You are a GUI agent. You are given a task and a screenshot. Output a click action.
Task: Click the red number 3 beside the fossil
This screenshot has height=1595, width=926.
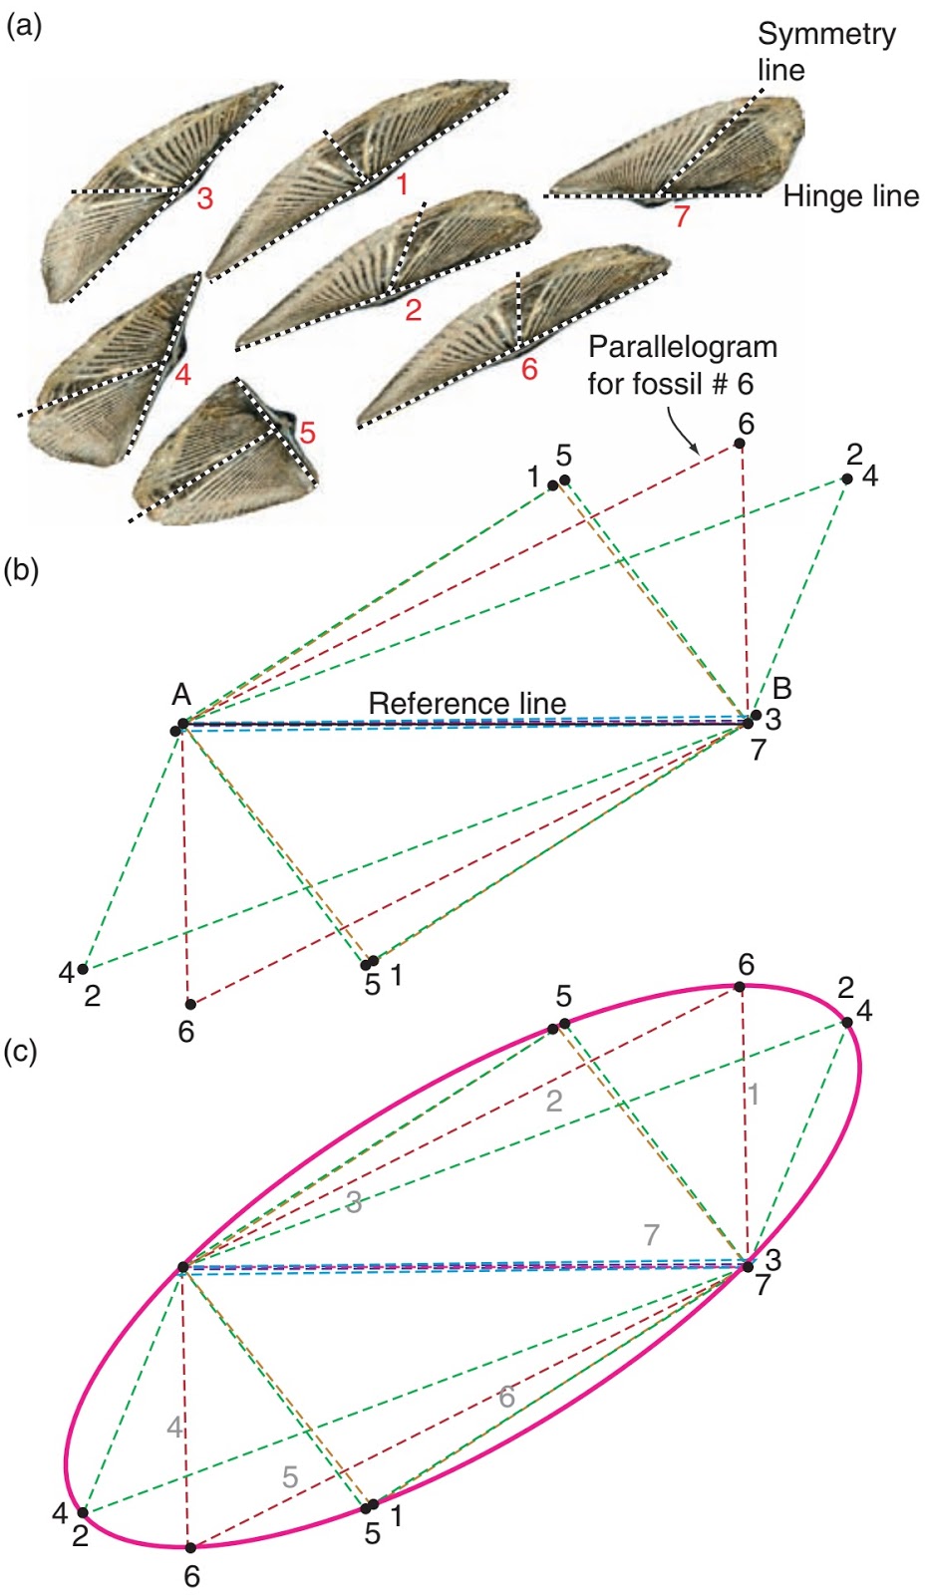tap(204, 198)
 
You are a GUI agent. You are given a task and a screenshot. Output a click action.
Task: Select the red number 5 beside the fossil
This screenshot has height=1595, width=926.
tap(307, 433)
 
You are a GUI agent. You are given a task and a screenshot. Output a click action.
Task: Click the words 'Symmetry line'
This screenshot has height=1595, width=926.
tap(825, 52)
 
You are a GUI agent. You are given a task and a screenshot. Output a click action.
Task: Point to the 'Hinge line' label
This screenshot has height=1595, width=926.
tap(850, 196)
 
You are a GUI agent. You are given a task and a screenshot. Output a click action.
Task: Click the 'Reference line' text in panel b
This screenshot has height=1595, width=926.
tap(466, 703)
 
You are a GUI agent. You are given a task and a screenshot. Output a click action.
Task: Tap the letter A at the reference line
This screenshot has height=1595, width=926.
tap(181, 695)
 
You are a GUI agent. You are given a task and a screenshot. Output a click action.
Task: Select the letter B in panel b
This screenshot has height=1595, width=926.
tap(782, 688)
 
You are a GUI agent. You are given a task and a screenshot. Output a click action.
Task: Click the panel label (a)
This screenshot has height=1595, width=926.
tap(24, 27)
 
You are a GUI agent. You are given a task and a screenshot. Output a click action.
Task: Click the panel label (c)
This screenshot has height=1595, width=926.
tap(22, 1051)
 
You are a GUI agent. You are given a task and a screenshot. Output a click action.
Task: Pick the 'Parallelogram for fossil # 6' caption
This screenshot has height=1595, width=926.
tap(682, 365)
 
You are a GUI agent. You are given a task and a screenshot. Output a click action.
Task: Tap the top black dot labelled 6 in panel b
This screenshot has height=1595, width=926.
tap(741, 445)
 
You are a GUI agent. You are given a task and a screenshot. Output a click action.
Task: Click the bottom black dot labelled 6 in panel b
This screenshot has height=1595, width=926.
tap(190, 1004)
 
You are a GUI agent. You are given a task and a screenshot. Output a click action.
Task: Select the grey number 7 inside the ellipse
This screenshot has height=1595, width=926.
tap(651, 1234)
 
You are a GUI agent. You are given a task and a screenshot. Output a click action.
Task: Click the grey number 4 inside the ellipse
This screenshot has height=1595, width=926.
tap(174, 1428)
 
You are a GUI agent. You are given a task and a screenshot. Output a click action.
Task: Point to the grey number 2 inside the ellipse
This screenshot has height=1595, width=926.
tap(554, 1101)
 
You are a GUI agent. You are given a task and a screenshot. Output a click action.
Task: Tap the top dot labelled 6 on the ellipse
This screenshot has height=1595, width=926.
tap(740, 986)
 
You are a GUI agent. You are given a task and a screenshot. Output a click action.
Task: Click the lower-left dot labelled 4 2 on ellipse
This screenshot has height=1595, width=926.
tap(83, 1512)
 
